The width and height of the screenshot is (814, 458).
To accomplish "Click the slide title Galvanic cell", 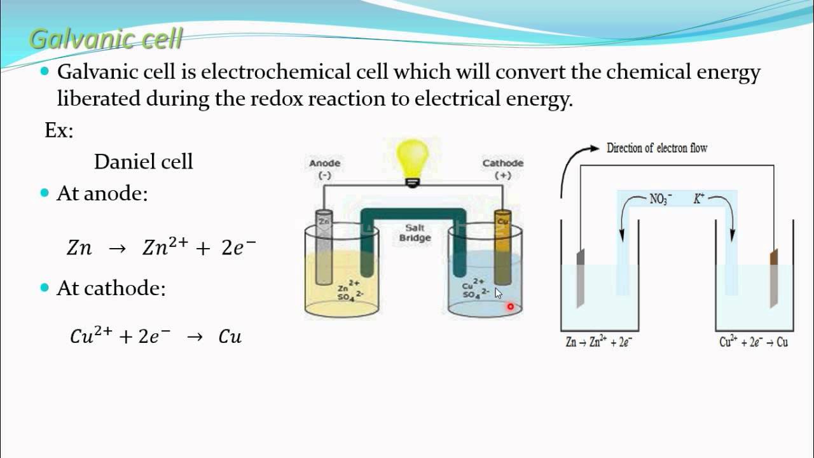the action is pyautogui.click(x=106, y=39).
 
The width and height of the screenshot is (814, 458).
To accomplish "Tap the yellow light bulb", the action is pyautogui.click(x=413, y=160).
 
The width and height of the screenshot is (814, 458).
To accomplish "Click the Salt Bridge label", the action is pyautogui.click(x=415, y=233).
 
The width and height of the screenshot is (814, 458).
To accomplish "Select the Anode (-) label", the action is pyautogui.click(x=324, y=169).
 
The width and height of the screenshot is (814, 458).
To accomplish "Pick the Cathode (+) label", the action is pyautogui.click(x=502, y=169).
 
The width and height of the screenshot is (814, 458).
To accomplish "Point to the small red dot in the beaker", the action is pyautogui.click(x=510, y=307).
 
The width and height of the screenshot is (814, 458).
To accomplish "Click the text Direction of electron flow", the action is pyautogui.click(x=656, y=148).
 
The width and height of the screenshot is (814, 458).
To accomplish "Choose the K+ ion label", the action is pyautogui.click(x=699, y=199).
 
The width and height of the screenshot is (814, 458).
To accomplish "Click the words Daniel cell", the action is pyautogui.click(x=143, y=162).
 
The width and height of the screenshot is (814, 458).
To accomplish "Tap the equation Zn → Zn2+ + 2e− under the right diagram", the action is pyautogui.click(x=598, y=342).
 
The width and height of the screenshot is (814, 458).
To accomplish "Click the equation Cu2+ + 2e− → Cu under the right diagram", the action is pyautogui.click(x=754, y=342).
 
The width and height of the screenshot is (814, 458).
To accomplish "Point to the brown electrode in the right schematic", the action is pyautogui.click(x=774, y=279).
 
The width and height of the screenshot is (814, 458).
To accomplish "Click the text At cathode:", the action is pyautogui.click(x=111, y=288).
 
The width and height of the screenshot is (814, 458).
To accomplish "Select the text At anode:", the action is pyautogui.click(x=102, y=193).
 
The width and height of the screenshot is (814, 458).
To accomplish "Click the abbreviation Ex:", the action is pyautogui.click(x=59, y=130).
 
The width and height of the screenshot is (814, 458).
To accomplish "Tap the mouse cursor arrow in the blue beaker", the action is pyautogui.click(x=499, y=293).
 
